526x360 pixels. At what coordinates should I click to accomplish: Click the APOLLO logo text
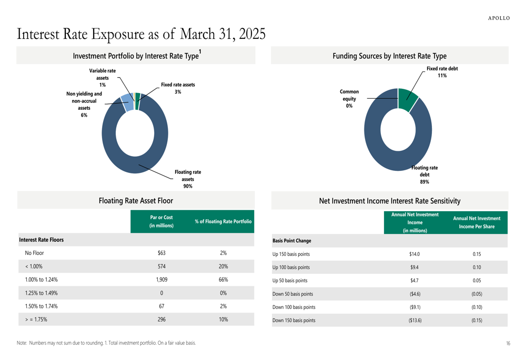499,18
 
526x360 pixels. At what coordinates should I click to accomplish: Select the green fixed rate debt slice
408,99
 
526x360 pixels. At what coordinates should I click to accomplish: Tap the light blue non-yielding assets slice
128,102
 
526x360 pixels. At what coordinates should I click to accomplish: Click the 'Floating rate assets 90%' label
188,179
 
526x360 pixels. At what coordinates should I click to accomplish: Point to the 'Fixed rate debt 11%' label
442,72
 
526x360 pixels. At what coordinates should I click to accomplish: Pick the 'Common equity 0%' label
349,99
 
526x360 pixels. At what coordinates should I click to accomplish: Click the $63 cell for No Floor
161,253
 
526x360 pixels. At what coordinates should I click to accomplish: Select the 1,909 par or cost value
161,280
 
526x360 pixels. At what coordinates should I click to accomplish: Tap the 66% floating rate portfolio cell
224,280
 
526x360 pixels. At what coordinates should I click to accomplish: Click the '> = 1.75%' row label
36,320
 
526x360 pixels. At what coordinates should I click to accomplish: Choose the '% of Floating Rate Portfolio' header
223,221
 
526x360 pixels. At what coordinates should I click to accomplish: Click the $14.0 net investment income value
414,254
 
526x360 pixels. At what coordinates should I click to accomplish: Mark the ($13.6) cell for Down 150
415,321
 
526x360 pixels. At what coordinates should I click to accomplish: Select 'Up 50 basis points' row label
290,281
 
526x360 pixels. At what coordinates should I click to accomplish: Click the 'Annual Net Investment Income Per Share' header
477,222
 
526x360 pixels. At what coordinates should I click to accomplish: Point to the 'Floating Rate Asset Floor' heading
136,201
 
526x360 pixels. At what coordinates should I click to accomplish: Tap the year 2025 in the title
252,34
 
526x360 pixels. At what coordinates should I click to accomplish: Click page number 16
508,343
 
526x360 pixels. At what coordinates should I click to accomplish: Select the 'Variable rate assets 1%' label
103,78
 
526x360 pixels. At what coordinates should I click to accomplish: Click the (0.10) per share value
477,307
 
